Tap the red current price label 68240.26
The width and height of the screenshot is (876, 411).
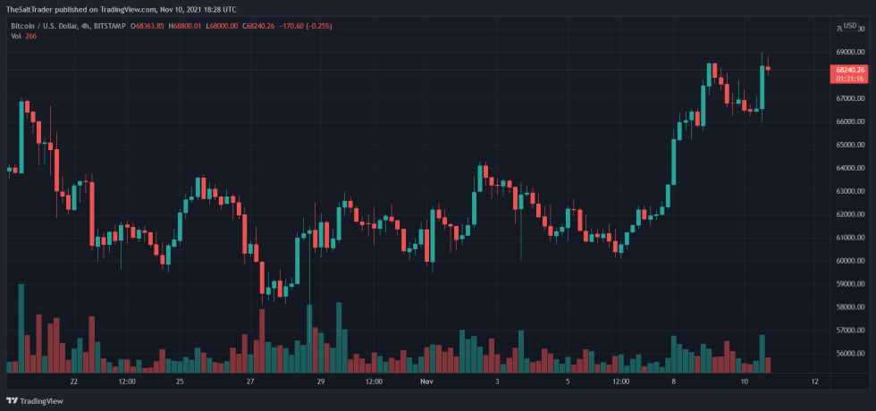click(x=850, y=69)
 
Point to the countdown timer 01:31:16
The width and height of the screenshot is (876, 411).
click(x=850, y=79)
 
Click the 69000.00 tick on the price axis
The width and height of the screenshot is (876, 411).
click(x=850, y=52)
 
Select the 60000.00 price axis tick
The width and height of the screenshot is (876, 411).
click(x=850, y=261)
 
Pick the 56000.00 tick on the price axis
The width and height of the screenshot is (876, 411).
click(x=850, y=354)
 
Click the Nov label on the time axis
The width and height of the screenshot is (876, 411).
click(x=426, y=382)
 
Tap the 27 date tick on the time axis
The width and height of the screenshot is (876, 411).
click(x=251, y=382)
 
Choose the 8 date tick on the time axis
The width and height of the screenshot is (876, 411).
click(x=673, y=382)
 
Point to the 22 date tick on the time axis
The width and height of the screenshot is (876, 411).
click(x=73, y=382)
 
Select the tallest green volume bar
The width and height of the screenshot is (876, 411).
click(x=21, y=327)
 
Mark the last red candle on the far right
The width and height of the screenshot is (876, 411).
click(x=768, y=68)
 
